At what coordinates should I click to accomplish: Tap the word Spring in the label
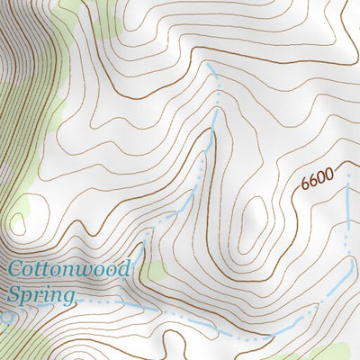click(x=40, y=294)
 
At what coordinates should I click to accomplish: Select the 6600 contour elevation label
click(x=317, y=179)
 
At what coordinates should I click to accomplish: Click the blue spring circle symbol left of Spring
click(x=7, y=317)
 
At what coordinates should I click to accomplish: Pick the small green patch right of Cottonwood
click(x=158, y=270)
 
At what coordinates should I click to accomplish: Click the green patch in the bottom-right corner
click(x=337, y=353)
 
